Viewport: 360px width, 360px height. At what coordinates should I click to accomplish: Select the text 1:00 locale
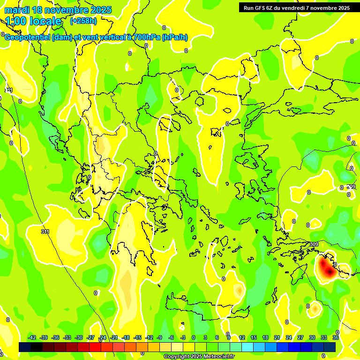(x=33, y=21)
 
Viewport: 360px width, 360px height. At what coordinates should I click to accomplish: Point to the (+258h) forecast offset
(x=83, y=21)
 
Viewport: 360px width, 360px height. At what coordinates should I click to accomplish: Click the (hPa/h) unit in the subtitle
(x=175, y=37)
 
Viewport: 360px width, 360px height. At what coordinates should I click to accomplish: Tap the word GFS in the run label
(x=258, y=8)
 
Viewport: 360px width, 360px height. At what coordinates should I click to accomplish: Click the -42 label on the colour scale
(x=32, y=337)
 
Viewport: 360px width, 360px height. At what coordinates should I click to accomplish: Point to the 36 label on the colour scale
(x=336, y=337)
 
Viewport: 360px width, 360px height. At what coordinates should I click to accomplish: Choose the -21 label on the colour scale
(x=114, y=337)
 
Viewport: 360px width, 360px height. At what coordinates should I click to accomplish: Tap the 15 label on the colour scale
(x=254, y=337)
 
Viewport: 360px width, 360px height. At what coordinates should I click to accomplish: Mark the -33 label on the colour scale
(x=67, y=337)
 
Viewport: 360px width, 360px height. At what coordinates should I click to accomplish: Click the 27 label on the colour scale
(x=300, y=337)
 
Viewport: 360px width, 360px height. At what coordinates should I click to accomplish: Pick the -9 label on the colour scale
(x=159, y=337)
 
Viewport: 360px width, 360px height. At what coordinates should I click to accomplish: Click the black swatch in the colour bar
(x=25, y=347)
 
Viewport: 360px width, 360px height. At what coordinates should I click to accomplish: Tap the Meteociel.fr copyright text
(x=199, y=357)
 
